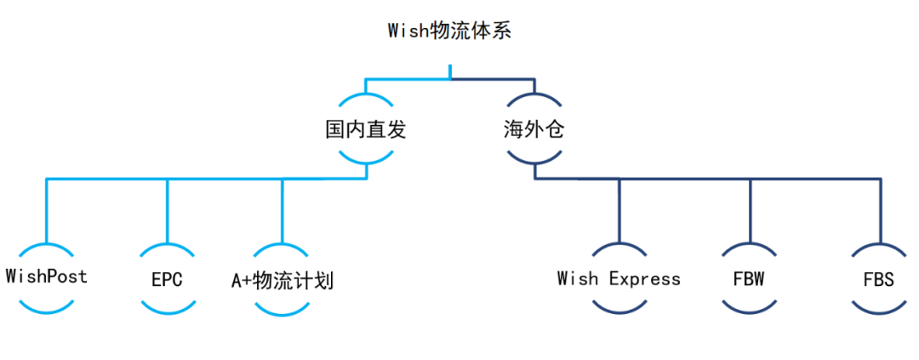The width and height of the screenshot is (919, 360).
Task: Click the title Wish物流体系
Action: pyautogui.click(x=449, y=31)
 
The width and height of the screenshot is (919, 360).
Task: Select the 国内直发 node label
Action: pyautogui.click(x=366, y=129)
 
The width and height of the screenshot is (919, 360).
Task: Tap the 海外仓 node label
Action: pyautogui.click(x=534, y=129)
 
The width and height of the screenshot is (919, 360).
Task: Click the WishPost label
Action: pyautogui.click(x=46, y=277)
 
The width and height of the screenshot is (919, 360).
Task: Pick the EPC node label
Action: pyautogui.click(x=167, y=279)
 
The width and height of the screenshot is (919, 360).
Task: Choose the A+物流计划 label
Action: pyautogui.click(x=283, y=279)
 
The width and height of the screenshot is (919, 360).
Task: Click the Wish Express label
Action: pyautogui.click(x=619, y=278)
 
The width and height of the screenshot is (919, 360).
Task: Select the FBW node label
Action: pyautogui.click(x=750, y=279)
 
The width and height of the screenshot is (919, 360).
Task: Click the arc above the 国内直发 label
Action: pyautogui.click(x=366, y=94)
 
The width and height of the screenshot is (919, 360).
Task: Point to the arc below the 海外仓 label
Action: pyautogui.click(x=534, y=163)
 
